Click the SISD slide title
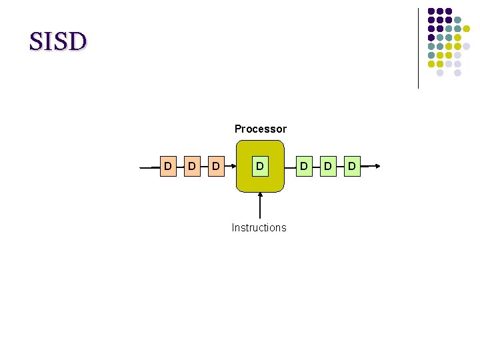[x=58, y=42]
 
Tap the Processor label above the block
[x=260, y=129]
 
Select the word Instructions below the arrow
[x=259, y=227]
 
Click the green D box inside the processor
[x=260, y=165]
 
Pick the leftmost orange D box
[x=167, y=165]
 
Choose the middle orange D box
[x=191, y=165]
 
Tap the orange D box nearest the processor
[x=215, y=165]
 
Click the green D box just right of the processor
[x=303, y=165]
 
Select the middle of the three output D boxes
[x=327, y=165]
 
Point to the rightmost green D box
[x=351, y=165]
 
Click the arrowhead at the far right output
[x=377, y=166]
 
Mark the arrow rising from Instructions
[x=260, y=207]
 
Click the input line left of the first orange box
[x=151, y=167]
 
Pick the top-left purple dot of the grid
[x=431, y=11]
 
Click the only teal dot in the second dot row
[x=457, y=20]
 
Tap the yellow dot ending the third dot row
[x=467, y=29]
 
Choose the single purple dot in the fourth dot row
[x=431, y=37]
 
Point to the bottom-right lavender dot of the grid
[x=457, y=72]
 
